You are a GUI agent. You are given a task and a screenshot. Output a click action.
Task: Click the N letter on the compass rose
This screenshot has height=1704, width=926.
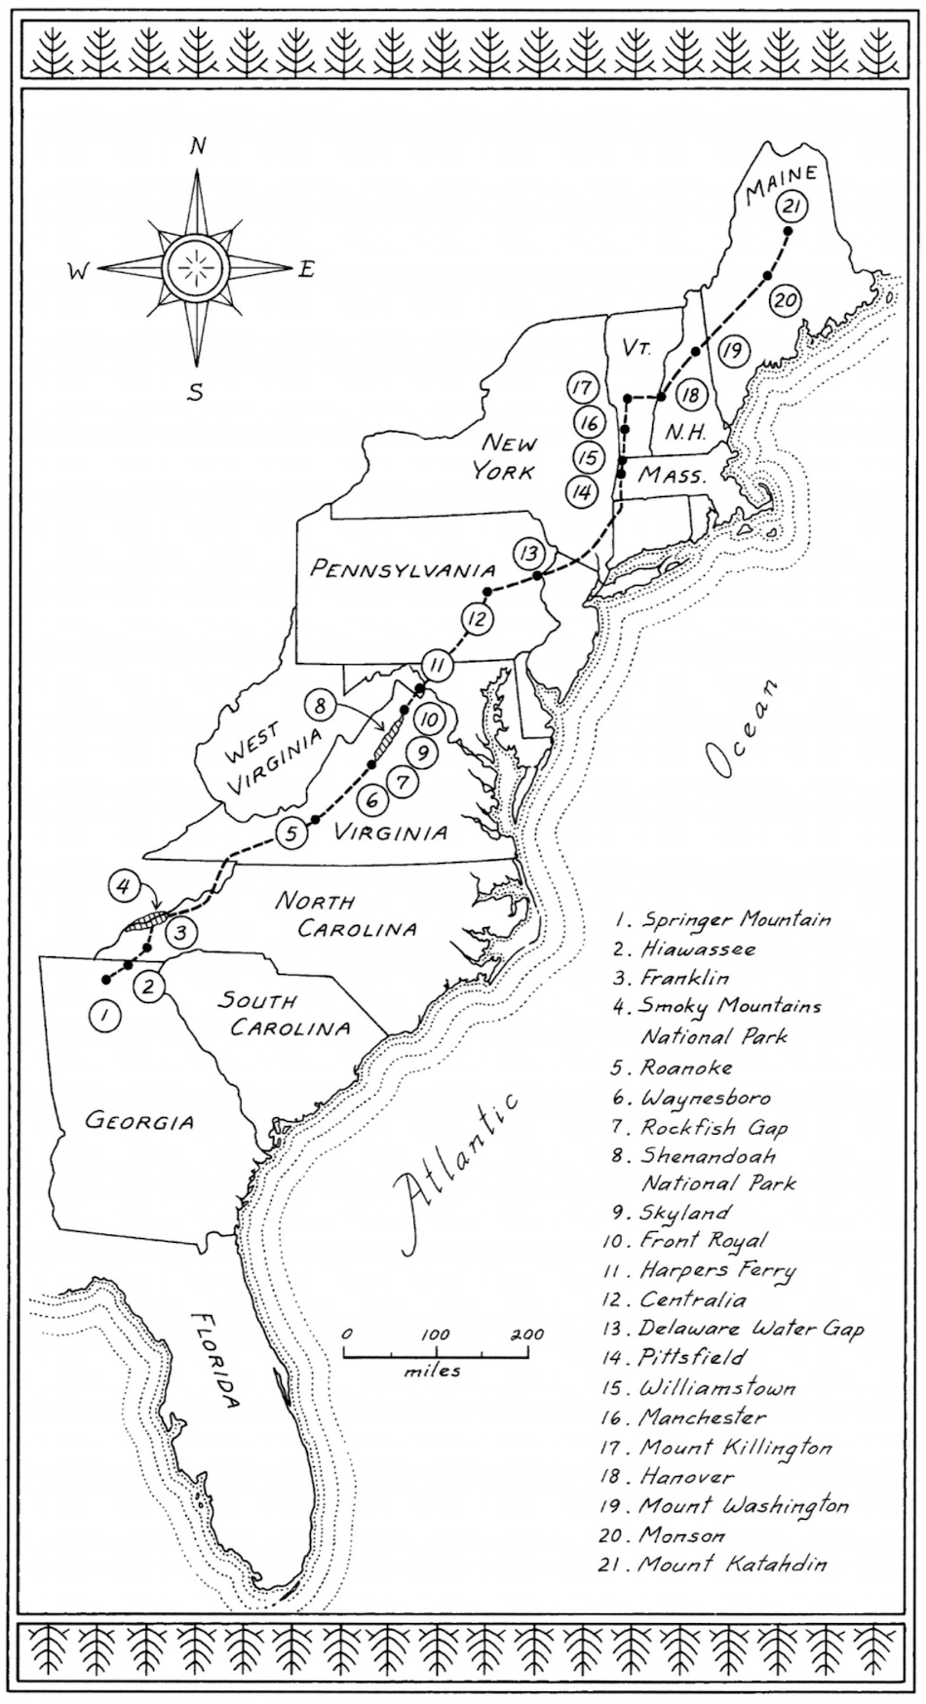198,147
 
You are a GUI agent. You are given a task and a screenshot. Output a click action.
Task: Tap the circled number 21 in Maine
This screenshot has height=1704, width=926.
790,207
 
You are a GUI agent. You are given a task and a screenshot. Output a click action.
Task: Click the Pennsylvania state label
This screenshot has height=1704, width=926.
404,568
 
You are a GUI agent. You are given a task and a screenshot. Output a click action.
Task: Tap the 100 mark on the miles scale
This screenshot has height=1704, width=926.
436,1335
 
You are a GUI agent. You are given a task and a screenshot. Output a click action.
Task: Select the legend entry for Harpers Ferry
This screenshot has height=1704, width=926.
717,1270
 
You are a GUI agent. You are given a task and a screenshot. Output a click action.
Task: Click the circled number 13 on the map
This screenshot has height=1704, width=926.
528,553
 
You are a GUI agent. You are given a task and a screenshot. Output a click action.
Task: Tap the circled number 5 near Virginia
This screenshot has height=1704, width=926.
291,833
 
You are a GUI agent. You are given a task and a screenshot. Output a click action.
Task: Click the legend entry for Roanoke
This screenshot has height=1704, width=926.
686,1067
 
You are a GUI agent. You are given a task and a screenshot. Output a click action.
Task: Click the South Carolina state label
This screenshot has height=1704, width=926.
284,1014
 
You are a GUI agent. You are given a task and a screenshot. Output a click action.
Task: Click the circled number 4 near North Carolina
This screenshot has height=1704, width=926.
123,886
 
